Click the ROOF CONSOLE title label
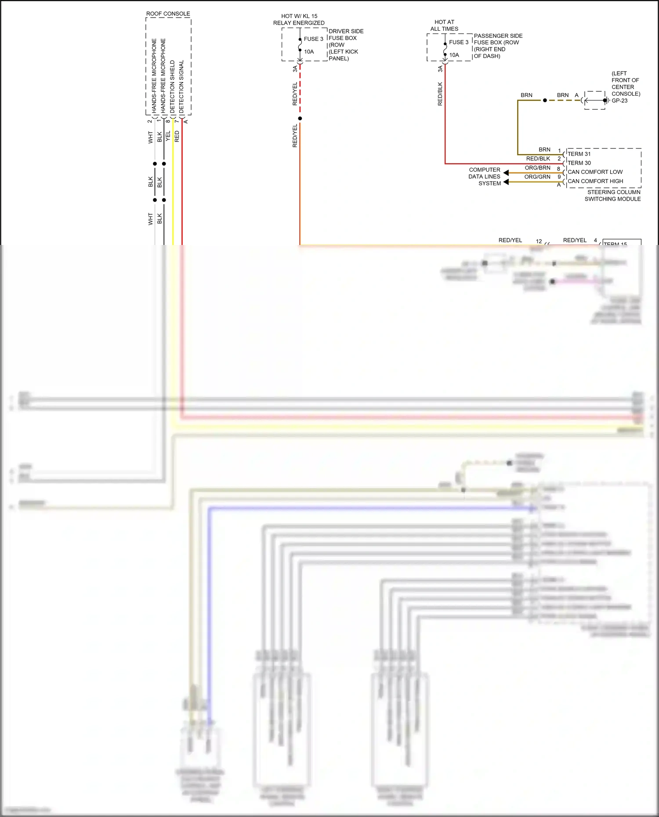click(x=168, y=14)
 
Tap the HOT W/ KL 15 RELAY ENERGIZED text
click(x=299, y=19)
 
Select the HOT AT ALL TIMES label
click(x=444, y=25)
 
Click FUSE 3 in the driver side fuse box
click(x=313, y=39)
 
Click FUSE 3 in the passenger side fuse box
click(x=458, y=42)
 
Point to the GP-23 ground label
click(x=619, y=101)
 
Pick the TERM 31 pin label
click(x=579, y=154)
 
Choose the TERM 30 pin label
click(x=579, y=163)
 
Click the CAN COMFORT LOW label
click(x=595, y=172)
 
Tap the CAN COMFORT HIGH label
click(x=595, y=181)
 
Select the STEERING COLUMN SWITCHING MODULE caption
click(x=613, y=195)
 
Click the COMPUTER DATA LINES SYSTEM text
click(x=485, y=176)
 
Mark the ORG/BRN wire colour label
click(x=537, y=168)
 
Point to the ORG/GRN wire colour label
click(x=537, y=177)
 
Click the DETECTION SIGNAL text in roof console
click(x=181, y=86)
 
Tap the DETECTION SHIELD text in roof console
click(x=172, y=86)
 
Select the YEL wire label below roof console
click(x=168, y=136)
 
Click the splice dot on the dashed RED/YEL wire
click(x=300, y=119)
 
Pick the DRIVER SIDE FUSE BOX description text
click(x=345, y=45)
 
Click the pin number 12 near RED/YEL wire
click(x=539, y=241)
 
